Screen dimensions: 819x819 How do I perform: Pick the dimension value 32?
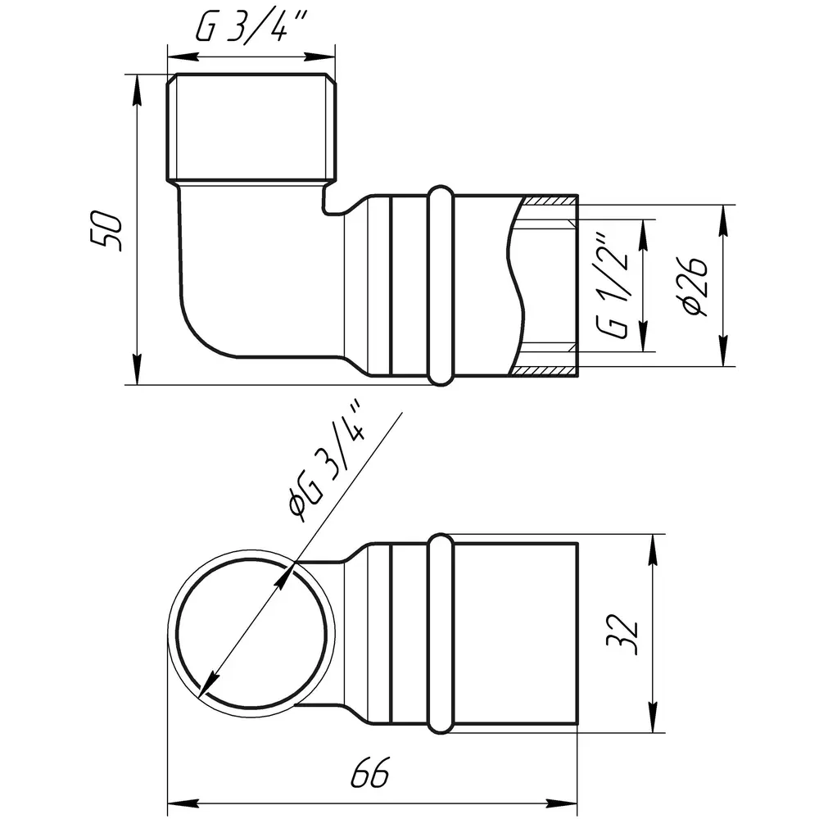coord(622,635)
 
